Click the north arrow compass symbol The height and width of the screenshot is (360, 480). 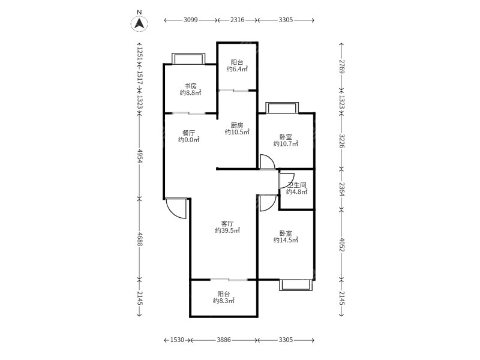click(x=139, y=23)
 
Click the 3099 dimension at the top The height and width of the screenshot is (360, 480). click(x=190, y=20)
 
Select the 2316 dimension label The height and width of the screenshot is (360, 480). click(x=237, y=20)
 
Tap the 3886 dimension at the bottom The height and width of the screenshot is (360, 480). click(x=224, y=340)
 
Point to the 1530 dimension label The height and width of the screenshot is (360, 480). click(x=177, y=340)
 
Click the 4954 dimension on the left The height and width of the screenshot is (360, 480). click(x=140, y=156)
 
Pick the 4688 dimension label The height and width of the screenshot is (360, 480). click(x=140, y=239)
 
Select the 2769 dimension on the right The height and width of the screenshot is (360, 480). click(x=342, y=67)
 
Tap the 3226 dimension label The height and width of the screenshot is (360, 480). click(x=342, y=141)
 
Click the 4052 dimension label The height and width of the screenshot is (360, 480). click(x=342, y=245)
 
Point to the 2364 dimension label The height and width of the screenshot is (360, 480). click(x=342, y=190)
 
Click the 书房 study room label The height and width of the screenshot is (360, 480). click(x=190, y=86)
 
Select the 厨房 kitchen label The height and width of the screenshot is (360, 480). click(x=237, y=125)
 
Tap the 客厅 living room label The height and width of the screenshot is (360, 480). click(x=227, y=223)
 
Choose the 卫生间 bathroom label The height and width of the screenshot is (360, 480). click(x=297, y=185)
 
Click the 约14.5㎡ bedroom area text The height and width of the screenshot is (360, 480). click(x=286, y=241)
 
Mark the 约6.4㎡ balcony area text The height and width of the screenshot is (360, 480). click(x=237, y=69)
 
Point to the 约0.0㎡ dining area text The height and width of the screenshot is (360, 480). click(x=189, y=140)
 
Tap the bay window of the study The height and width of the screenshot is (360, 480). click(x=188, y=58)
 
